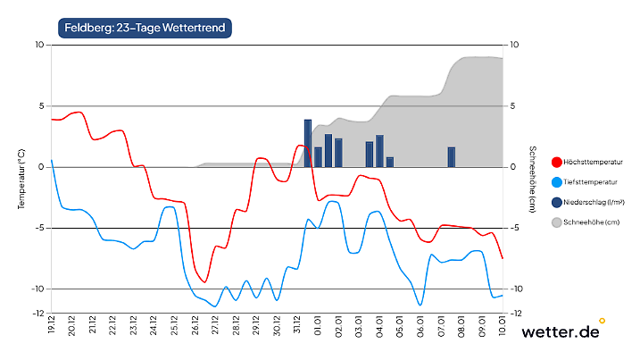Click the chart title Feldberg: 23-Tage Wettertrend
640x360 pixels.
click(x=144, y=29)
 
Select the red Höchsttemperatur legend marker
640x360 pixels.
click(x=558, y=162)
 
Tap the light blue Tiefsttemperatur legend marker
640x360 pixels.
click(x=558, y=181)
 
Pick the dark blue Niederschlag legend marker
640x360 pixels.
click(x=558, y=202)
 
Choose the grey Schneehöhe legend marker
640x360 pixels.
click(x=558, y=222)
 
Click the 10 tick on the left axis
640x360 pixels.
click(x=38, y=45)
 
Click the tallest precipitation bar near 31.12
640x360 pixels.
click(x=308, y=143)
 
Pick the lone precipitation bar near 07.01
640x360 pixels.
click(x=452, y=157)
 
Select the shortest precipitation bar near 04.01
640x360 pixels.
click(x=390, y=162)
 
